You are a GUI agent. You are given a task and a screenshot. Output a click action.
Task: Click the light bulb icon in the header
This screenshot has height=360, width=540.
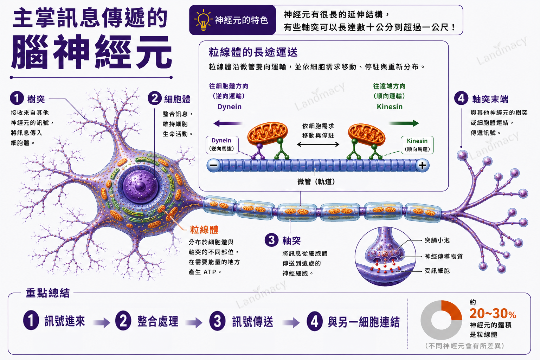[x=203, y=20]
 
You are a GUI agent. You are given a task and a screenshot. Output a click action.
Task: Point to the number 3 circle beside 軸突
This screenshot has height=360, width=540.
[x=271, y=240]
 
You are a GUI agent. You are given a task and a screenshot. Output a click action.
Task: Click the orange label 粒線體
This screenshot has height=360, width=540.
[x=204, y=230]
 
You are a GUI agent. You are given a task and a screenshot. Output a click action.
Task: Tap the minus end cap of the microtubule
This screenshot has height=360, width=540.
[x=214, y=166]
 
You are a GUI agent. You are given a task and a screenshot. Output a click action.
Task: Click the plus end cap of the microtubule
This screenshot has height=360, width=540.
[x=422, y=166]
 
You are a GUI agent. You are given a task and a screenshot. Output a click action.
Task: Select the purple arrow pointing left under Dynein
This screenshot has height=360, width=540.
[x=228, y=123]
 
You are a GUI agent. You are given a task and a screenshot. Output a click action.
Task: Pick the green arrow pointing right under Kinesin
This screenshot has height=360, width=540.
[x=404, y=123]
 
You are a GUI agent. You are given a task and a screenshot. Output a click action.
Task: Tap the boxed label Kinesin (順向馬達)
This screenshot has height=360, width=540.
[x=417, y=145]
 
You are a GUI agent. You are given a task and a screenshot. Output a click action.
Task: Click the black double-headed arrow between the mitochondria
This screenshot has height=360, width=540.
[x=318, y=144]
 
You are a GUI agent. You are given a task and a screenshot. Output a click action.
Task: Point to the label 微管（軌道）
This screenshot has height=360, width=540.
[x=316, y=181]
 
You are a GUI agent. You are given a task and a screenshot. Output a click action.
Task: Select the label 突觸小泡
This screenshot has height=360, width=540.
[x=437, y=240]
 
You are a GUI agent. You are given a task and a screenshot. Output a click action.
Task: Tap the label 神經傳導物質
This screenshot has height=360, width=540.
[x=444, y=256]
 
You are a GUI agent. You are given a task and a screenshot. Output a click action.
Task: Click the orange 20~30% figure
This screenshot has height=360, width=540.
[x=493, y=314]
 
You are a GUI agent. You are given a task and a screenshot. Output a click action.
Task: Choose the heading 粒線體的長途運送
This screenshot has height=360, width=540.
[x=253, y=52]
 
